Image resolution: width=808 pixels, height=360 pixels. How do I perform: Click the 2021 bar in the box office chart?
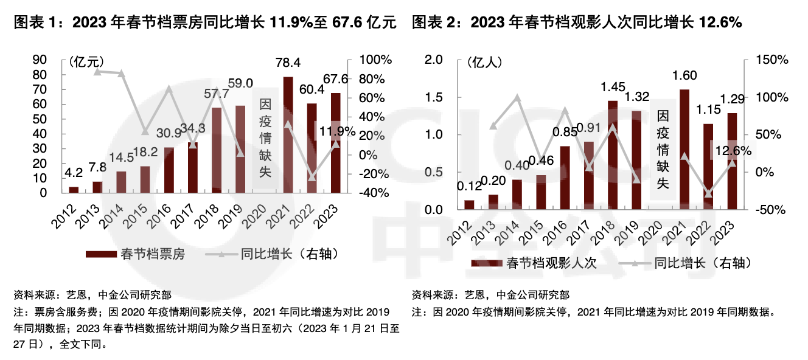(x=288, y=135)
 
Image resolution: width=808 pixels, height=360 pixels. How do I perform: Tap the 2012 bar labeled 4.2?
(x=74, y=190)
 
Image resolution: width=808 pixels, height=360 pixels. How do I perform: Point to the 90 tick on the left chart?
(x=40, y=60)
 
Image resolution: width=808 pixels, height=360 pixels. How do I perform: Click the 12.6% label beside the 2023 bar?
(x=733, y=151)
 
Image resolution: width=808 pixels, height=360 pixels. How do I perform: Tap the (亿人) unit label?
(x=484, y=61)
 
